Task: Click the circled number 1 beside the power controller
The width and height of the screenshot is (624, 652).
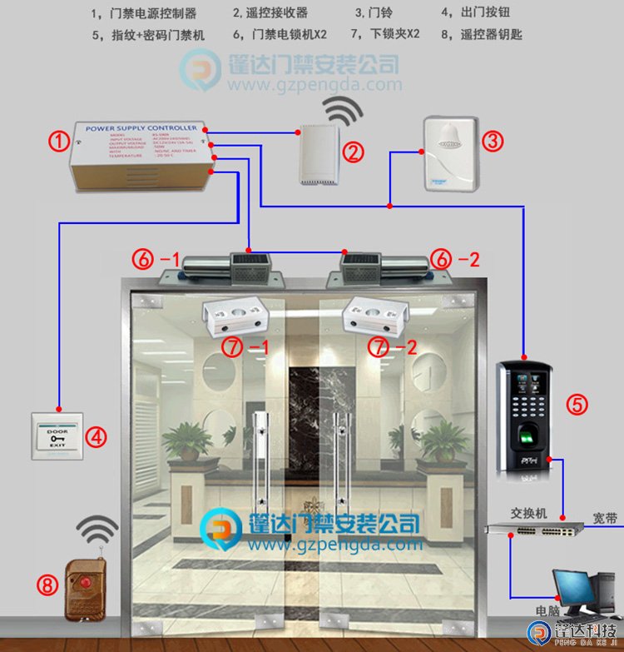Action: coord(57,141)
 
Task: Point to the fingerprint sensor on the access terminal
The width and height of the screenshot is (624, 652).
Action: coord(529,436)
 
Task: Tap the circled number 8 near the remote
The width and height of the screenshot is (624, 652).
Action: coord(47,585)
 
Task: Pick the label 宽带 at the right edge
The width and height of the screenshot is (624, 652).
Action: coord(605,519)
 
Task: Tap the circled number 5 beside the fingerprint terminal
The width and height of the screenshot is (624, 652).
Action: coord(577,405)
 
